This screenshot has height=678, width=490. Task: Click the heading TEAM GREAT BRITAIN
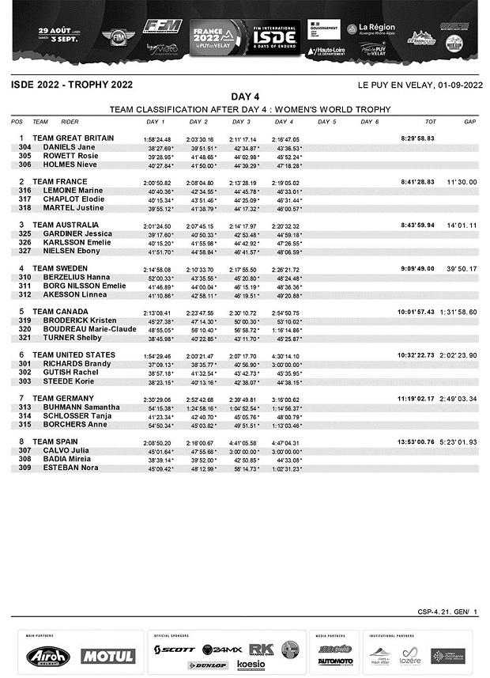point(73,138)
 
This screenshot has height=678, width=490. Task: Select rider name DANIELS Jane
point(69,148)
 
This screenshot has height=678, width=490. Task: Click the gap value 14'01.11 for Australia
point(462,225)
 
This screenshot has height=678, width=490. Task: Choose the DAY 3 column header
point(241,122)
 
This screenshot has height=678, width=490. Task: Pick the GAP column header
point(469,122)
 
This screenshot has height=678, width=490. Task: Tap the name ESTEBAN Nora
point(68,468)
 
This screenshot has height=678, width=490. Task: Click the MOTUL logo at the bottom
point(107,656)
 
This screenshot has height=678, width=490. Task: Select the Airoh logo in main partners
point(47,656)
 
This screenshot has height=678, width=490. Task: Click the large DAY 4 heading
point(245,97)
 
